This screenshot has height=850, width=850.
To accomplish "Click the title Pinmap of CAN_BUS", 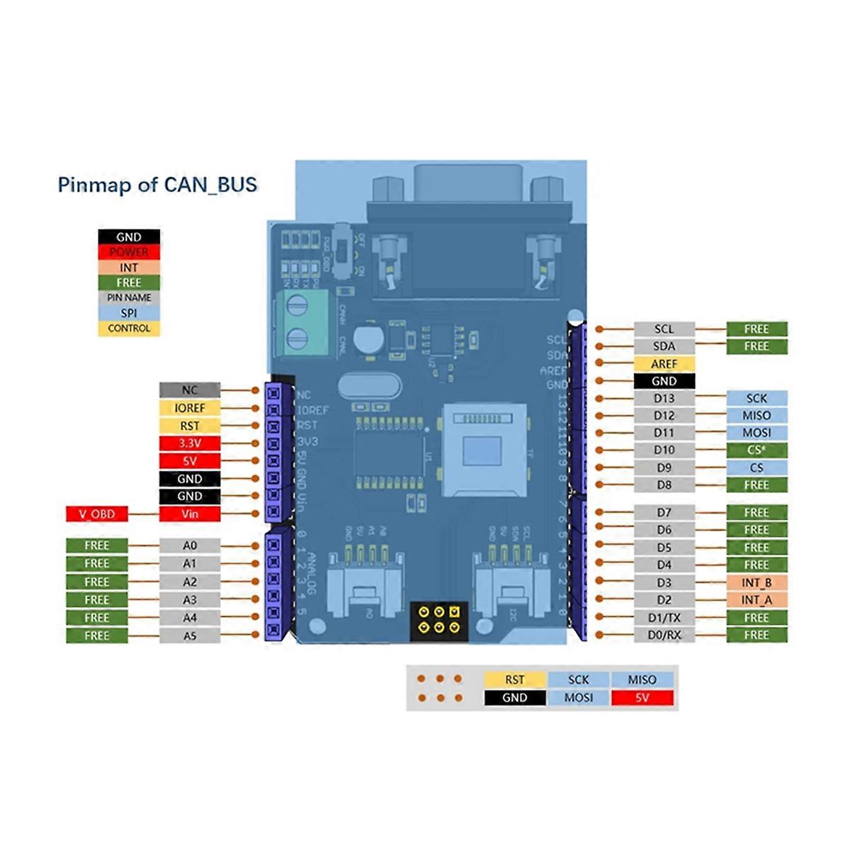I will (x=157, y=185).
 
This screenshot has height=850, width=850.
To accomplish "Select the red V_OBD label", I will (x=97, y=514).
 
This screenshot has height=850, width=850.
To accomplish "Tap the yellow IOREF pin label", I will (x=189, y=408).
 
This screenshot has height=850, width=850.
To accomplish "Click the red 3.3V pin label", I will (x=189, y=443).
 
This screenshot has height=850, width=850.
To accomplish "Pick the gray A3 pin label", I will (x=189, y=600).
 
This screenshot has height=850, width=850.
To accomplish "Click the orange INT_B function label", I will (x=756, y=582).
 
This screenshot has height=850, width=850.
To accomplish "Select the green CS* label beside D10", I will (x=756, y=450).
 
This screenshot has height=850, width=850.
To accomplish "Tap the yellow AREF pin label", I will (x=664, y=363).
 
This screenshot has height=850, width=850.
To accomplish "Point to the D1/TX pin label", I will (x=664, y=618).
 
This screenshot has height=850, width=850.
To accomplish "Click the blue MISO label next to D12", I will (x=756, y=416).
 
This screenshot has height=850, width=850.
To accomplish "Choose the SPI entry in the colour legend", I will (x=129, y=313).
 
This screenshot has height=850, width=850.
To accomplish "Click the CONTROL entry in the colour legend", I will (x=129, y=329).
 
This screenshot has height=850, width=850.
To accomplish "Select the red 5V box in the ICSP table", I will (x=642, y=698).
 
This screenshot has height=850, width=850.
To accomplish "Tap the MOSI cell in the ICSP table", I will (x=578, y=698).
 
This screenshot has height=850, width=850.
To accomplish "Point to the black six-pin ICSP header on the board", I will (x=439, y=620).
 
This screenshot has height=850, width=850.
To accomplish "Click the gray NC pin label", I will (x=189, y=390).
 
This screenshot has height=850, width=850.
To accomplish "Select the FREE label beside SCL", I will (x=756, y=329).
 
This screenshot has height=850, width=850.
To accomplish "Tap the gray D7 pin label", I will (x=664, y=512).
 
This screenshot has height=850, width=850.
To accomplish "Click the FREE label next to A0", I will (x=97, y=546).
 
